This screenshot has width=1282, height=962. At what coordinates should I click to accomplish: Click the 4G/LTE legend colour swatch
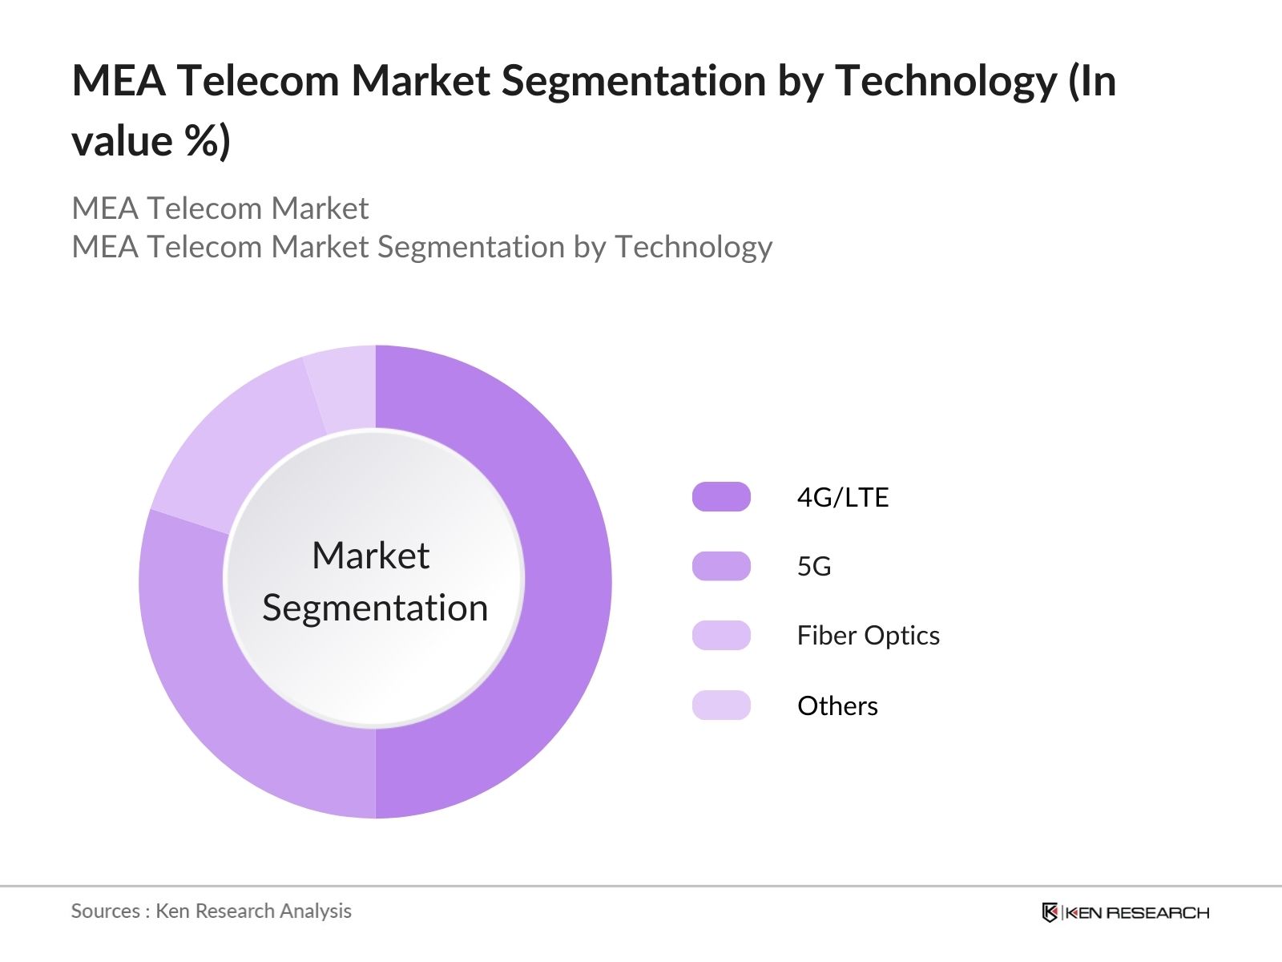721,497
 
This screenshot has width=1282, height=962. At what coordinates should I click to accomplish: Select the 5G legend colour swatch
721,566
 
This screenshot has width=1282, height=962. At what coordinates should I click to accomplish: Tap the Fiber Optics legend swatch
721,635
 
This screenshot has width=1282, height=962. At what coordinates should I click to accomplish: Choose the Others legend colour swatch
721,705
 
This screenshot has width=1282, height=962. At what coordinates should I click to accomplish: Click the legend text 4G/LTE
842,497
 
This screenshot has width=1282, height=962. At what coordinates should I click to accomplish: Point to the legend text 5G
813,566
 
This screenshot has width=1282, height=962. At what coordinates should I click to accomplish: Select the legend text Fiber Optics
868,635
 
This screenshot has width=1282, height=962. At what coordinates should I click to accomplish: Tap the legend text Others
837,705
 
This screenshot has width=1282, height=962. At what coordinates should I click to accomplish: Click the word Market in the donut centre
370,556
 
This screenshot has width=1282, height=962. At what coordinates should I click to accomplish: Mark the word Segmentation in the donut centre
375,608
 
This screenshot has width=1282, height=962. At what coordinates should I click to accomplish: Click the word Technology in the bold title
945,82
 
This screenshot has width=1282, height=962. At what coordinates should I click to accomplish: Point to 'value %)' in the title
151,141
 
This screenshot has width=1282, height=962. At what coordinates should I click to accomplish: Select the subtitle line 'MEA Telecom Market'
220,208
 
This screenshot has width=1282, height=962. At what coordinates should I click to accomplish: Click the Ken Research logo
1125,912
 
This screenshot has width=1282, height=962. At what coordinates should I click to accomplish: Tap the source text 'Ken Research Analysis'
253,911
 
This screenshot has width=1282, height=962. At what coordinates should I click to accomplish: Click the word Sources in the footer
105,911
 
